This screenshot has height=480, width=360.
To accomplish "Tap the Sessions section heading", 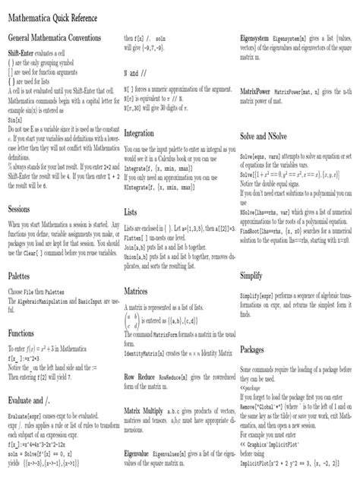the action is [x=19, y=207].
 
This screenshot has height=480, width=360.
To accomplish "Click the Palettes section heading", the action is [x=19, y=277].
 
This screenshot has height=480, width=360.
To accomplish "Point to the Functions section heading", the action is [x=21, y=333].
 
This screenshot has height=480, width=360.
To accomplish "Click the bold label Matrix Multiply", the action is [x=148, y=410].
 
